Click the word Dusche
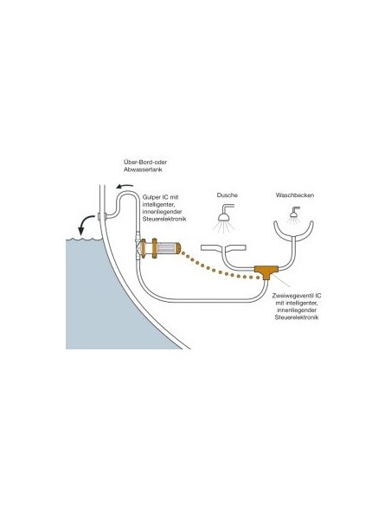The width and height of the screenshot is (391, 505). click(227, 195)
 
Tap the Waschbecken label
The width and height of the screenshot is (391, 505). click(295, 195)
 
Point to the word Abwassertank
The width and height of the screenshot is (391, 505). click(143, 169)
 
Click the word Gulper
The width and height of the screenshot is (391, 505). click(151, 197)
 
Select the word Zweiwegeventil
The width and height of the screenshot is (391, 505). click(292, 296)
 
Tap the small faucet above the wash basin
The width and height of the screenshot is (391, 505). click(294, 213)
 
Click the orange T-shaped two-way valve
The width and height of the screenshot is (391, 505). click(266, 272)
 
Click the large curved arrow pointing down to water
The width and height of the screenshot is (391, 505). click(85, 223)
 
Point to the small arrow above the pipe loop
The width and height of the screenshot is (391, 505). click(125, 186)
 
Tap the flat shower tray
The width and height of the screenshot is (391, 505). click(223, 247)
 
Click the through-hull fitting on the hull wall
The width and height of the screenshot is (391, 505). click(101, 216)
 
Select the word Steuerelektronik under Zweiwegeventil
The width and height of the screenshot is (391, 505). click(297, 317)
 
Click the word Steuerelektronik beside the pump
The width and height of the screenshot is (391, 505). click(164, 219)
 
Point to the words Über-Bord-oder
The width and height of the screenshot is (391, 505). click(145, 163)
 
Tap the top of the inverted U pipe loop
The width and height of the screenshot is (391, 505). click(126, 193)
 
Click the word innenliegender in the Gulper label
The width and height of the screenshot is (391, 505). click(163, 212)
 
